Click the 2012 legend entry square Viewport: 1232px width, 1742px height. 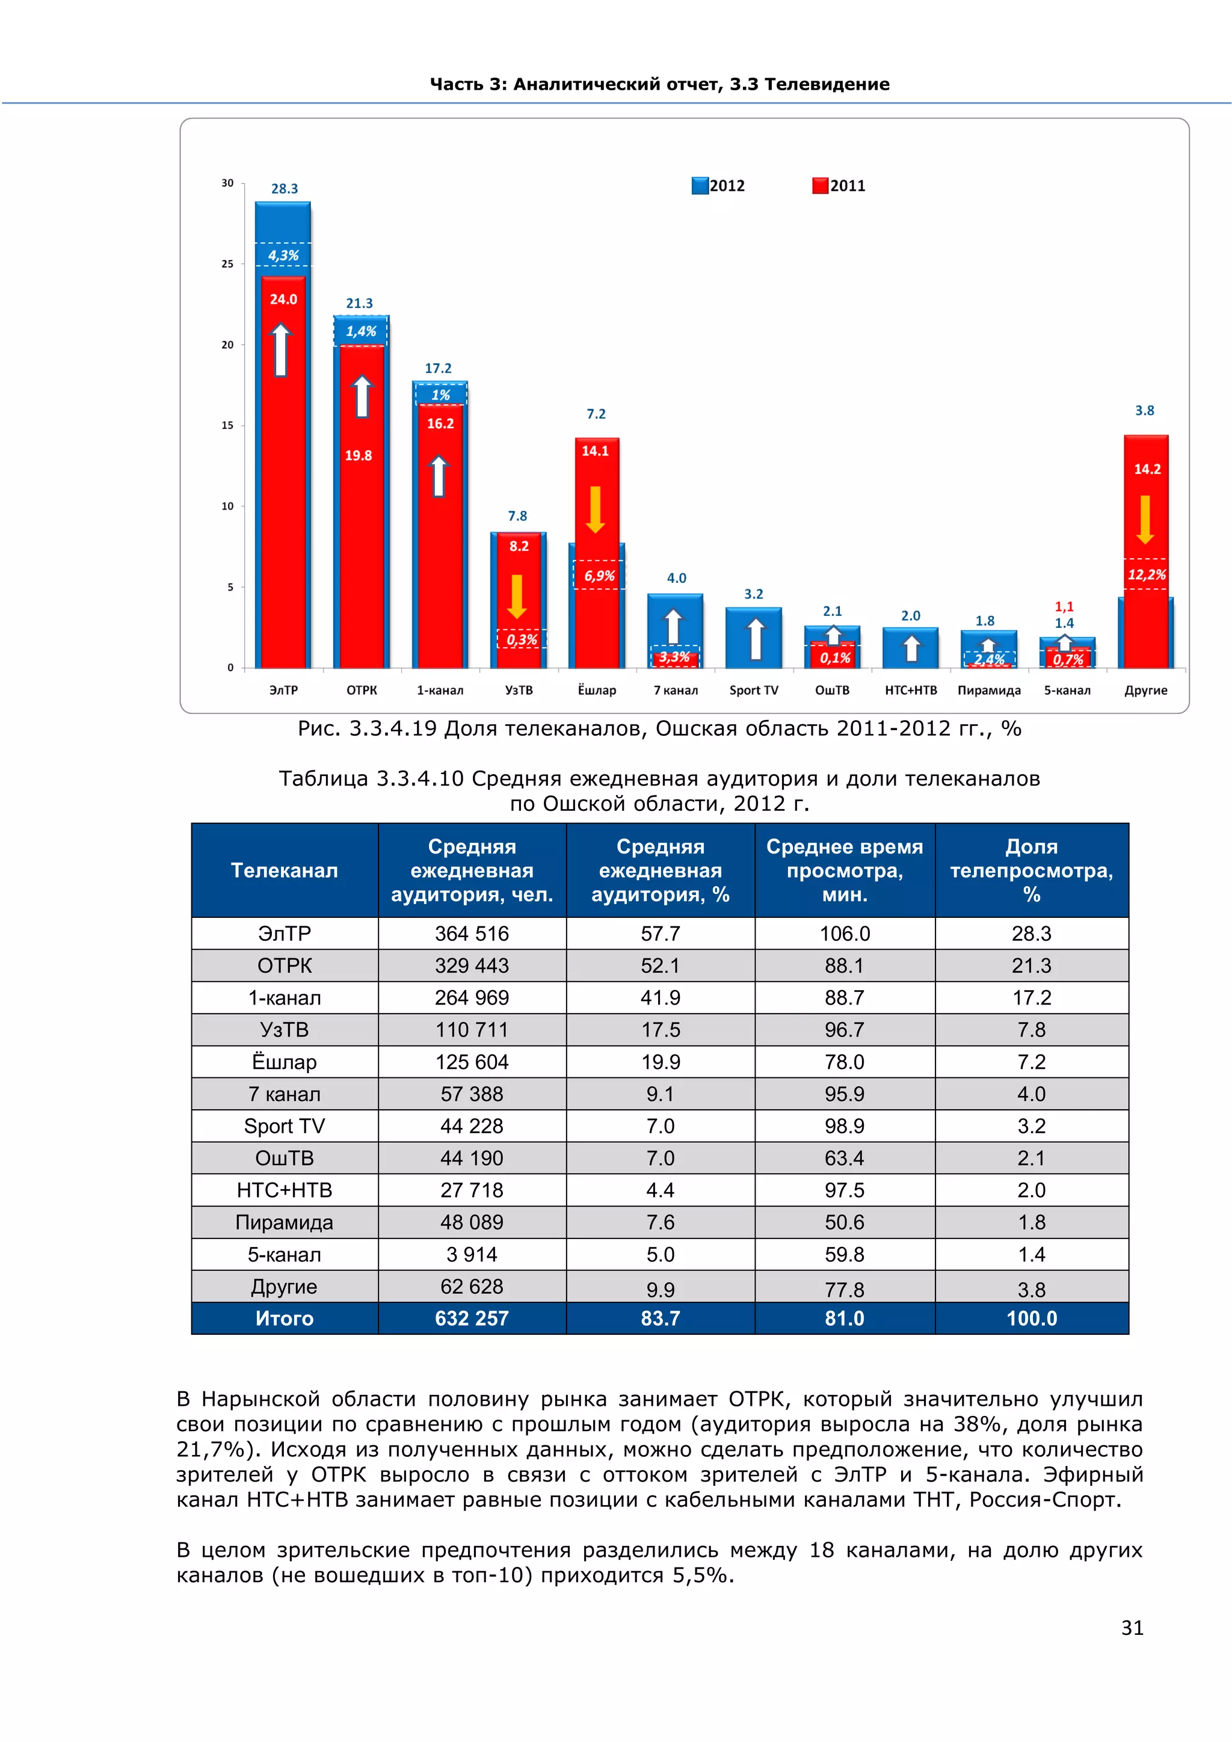(x=700, y=186)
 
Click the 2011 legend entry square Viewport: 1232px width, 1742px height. (x=820, y=186)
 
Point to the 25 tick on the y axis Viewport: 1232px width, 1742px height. (x=227, y=264)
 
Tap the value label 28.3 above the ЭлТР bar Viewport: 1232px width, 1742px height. (x=285, y=189)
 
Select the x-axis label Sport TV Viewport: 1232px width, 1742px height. (x=753, y=691)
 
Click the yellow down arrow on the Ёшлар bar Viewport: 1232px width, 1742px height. (x=596, y=509)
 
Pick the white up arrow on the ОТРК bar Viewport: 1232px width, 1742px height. (x=362, y=396)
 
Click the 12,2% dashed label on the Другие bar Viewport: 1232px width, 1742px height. (x=1146, y=574)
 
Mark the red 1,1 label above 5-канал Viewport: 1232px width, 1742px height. (x=1064, y=607)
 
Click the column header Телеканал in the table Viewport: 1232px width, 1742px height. (x=285, y=870)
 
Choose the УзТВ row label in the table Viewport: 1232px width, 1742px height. (x=285, y=1030)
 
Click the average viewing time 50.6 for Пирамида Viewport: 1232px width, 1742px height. (x=845, y=1222)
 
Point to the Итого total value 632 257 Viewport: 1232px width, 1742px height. (x=472, y=1319)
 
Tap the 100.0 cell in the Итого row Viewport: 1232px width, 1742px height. (x=1032, y=1319)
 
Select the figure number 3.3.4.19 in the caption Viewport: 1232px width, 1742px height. (x=393, y=729)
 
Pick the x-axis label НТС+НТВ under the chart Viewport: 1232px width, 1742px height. (x=910, y=691)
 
